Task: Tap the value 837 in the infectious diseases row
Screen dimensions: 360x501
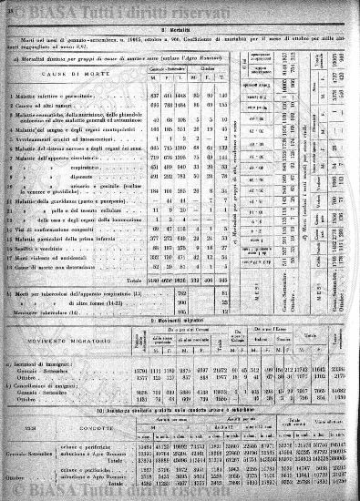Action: pyautogui.click(x=157, y=96)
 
